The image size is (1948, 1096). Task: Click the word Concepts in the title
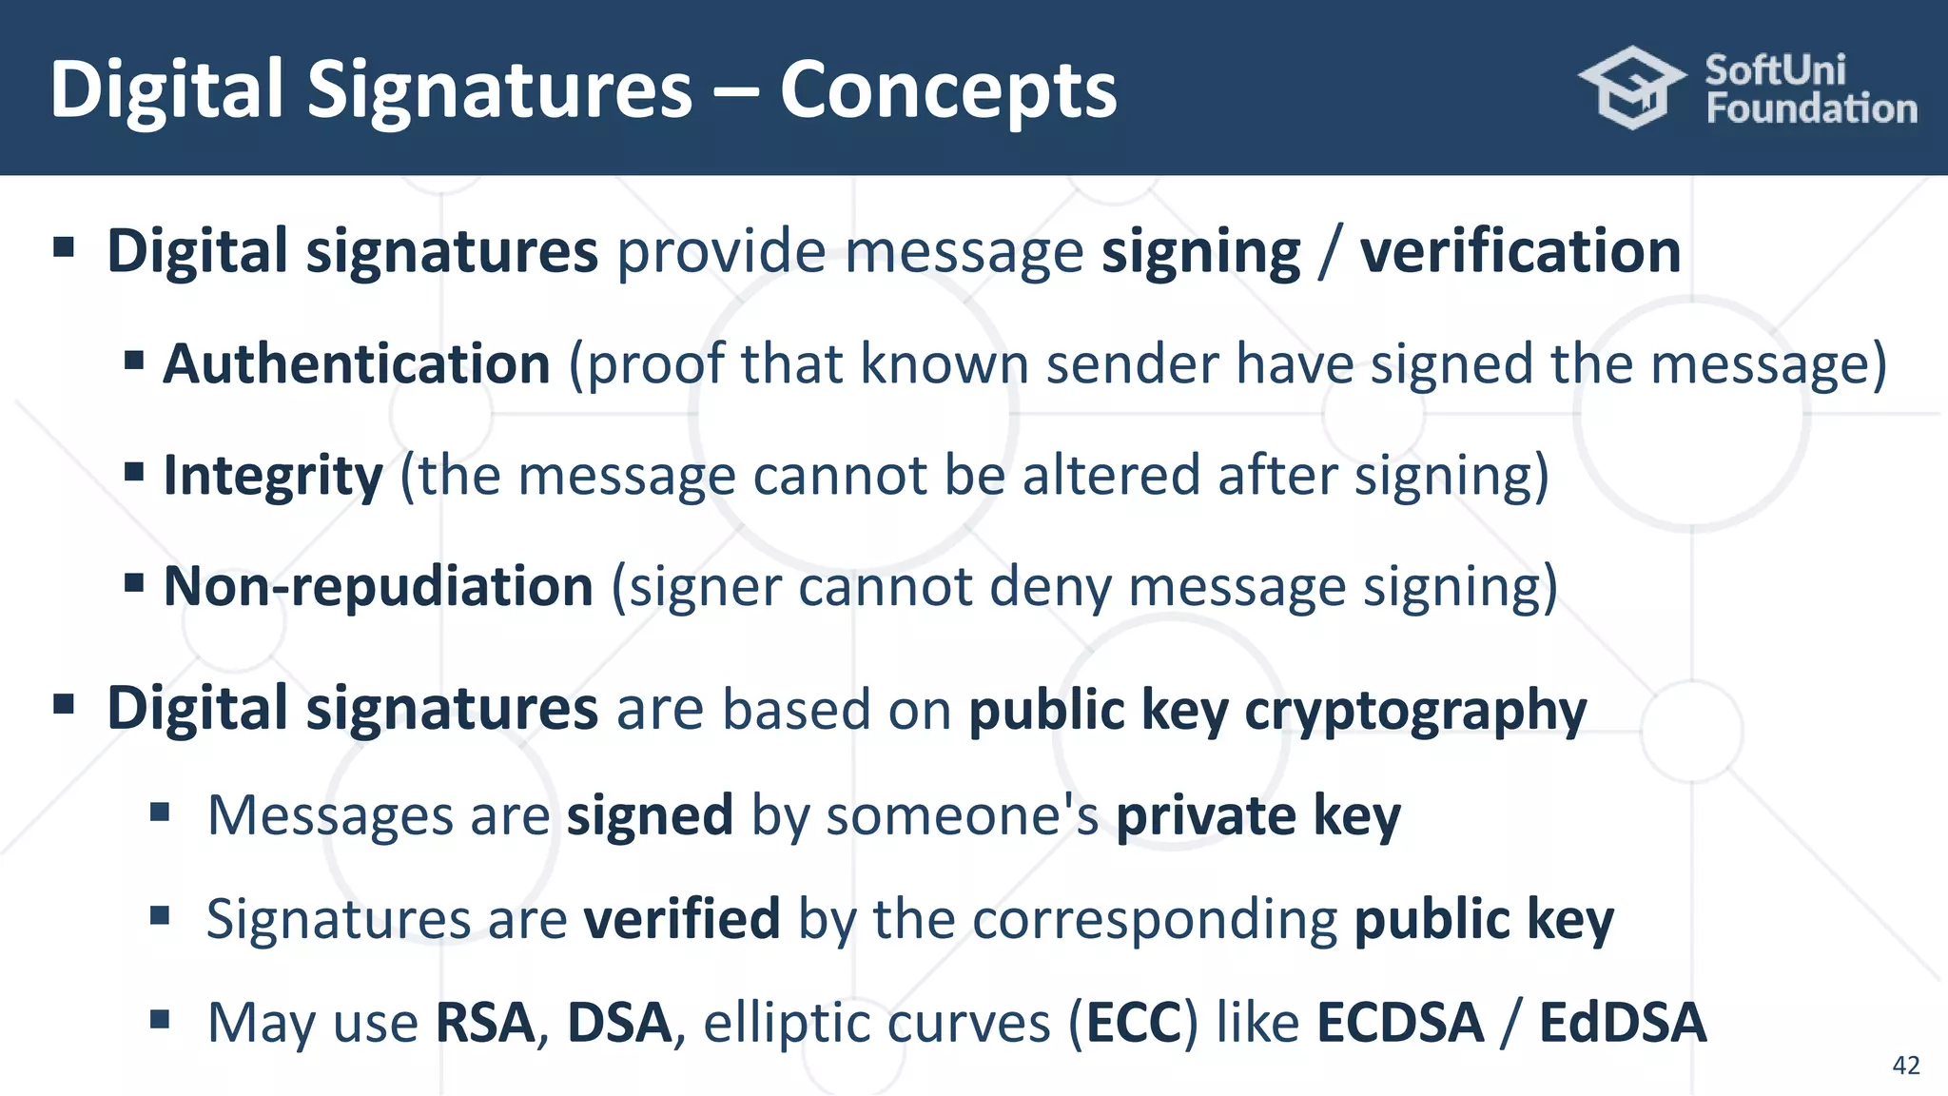947,90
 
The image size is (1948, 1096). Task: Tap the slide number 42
1906,1065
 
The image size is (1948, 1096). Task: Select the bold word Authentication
357,364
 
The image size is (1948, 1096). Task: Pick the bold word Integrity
273,476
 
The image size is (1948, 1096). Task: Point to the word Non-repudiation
379,586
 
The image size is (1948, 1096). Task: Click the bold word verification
1520,252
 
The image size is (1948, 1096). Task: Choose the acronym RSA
485,1023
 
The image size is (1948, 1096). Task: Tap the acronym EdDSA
1622,1023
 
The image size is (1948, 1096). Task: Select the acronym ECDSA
1400,1023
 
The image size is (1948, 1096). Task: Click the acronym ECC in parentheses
1133,1023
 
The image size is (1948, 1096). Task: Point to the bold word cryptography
1415,711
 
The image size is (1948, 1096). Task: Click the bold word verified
682,919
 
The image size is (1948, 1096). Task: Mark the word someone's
962,816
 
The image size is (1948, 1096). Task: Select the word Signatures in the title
499,90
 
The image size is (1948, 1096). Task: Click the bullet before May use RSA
160,1020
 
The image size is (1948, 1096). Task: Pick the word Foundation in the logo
1811,109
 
